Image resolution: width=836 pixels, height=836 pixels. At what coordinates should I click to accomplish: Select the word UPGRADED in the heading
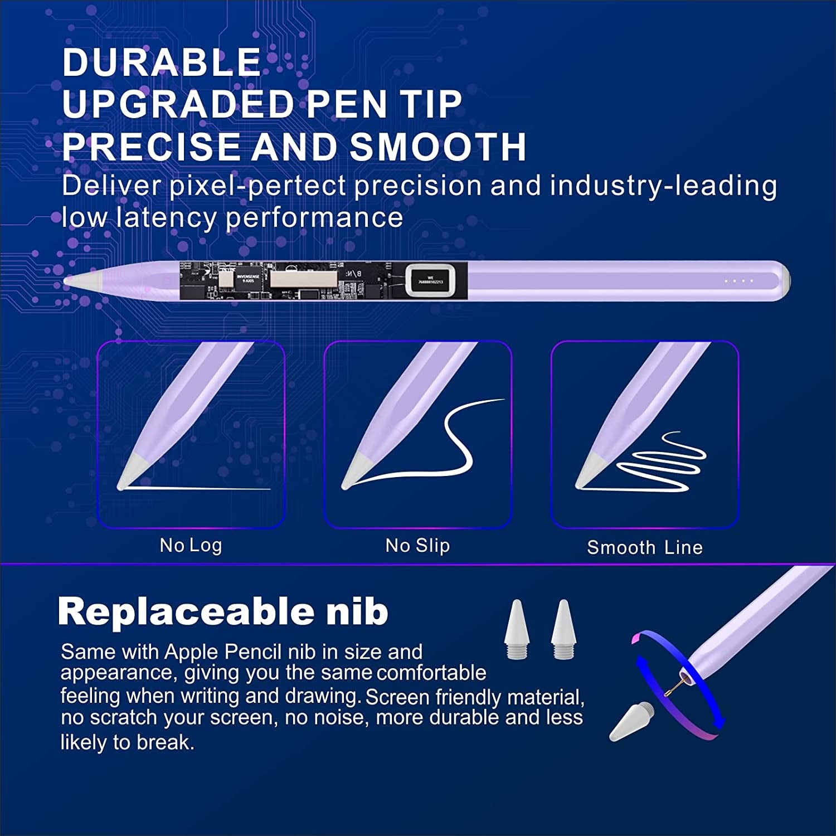178,104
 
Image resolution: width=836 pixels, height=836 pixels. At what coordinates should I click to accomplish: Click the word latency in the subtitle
166,217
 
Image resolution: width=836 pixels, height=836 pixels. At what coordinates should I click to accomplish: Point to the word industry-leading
663,186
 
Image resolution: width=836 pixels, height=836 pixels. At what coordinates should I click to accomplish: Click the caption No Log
191,545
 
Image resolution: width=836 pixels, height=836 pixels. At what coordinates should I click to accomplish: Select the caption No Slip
417,545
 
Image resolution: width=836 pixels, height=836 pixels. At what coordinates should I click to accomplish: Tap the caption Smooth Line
645,547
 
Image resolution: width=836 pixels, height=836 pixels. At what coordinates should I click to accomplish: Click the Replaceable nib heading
223,611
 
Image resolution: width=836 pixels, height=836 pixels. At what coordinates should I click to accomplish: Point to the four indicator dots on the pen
738,281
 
